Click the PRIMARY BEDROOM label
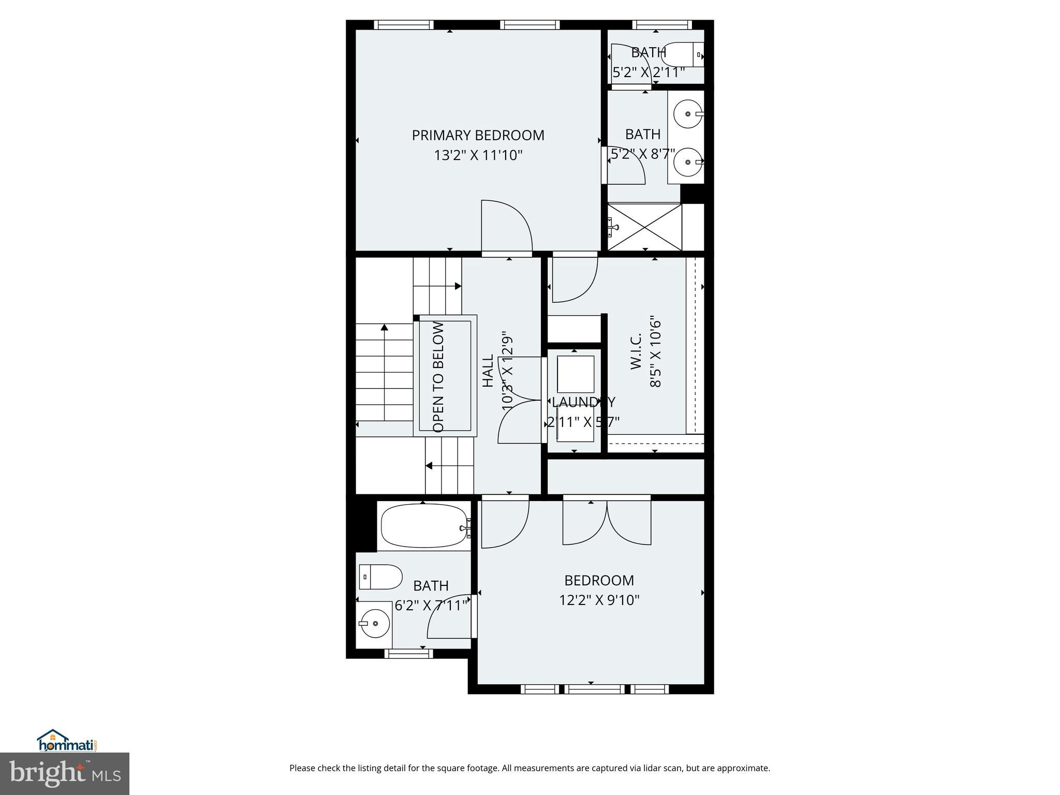pyautogui.click(x=478, y=135)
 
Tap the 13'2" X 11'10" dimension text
pyautogui.click(x=478, y=155)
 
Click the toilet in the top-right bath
pyautogui.click(x=682, y=54)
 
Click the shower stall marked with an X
pyautogui.click(x=644, y=227)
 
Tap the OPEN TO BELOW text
pyautogui.click(x=438, y=377)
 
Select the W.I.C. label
pyautogui.click(x=636, y=351)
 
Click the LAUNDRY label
pyautogui.click(x=583, y=402)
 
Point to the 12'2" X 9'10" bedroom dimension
pyautogui.click(x=599, y=600)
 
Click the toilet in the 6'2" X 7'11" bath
pyautogui.click(x=380, y=577)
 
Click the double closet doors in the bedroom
pyautogui.click(x=606, y=523)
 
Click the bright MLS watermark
pyautogui.click(x=65, y=773)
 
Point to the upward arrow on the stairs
pyautogui.click(x=384, y=328)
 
